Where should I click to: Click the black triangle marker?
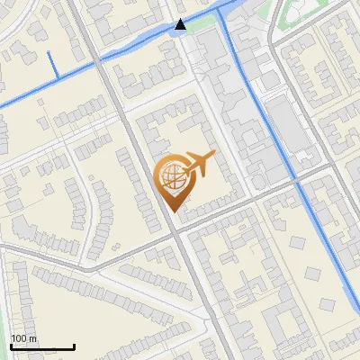181,24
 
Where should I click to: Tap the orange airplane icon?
198,165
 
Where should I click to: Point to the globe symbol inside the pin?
171,176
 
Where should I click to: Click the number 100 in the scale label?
18,338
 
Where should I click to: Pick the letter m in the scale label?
31,338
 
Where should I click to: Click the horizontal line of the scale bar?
42,347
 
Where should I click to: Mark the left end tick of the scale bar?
11,346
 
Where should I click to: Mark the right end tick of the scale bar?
74,346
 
